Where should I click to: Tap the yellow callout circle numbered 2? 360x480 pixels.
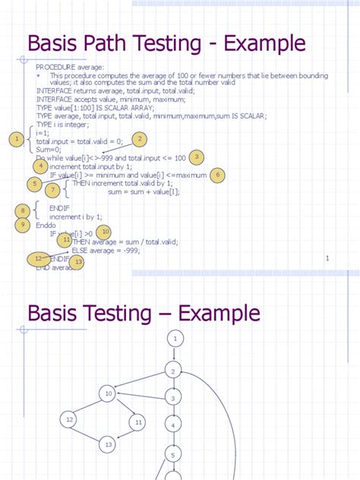[139, 138]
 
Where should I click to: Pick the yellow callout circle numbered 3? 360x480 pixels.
[197, 157]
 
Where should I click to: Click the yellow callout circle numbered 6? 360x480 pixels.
[217, 175]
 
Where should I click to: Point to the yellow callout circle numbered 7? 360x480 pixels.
[52, 190]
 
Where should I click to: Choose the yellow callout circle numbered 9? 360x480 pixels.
[24, 225]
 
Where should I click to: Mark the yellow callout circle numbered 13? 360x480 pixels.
[77, 262]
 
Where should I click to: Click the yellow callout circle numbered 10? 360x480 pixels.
[105, 231]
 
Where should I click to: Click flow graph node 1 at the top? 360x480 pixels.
[175, 338]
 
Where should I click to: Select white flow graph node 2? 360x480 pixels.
[174, 371]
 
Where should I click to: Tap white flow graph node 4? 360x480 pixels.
[174, 426]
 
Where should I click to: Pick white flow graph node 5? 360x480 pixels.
[173, 455]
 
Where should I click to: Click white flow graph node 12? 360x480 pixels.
[70, 419]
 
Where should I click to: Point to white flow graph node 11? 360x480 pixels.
[137, 422]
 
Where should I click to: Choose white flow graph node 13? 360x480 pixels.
[108, 444]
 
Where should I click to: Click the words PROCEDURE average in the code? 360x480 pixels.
[70, 68]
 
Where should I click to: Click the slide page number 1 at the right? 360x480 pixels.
[327, 259]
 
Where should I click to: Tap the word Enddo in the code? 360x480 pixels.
[47, 226]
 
